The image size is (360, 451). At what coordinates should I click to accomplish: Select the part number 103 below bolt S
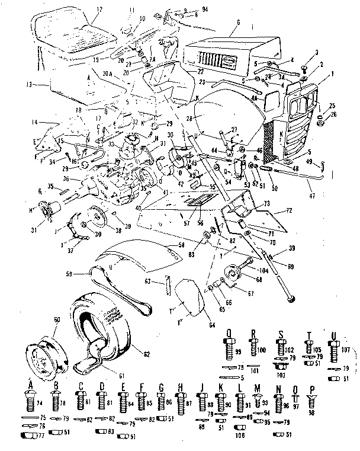click(x=281, y=376)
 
